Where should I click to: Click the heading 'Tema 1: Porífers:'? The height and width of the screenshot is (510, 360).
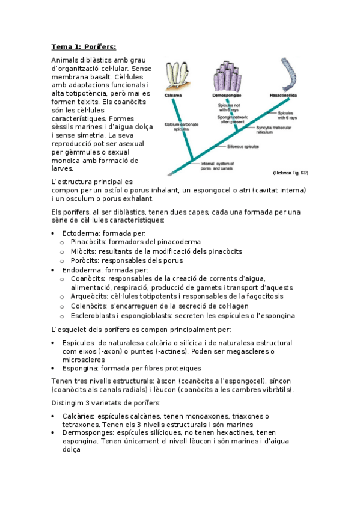tap(84, 47)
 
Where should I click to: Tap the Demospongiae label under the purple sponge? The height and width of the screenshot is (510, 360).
tap(226, 96)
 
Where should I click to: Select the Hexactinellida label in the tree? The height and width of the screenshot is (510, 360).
tap(287, 96)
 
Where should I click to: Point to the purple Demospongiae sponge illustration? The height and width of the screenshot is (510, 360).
tap(226, 76)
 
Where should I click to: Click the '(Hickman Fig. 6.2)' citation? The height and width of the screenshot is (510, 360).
tap(290, 173)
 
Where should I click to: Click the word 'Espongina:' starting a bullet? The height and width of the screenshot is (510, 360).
tap(81, 368)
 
